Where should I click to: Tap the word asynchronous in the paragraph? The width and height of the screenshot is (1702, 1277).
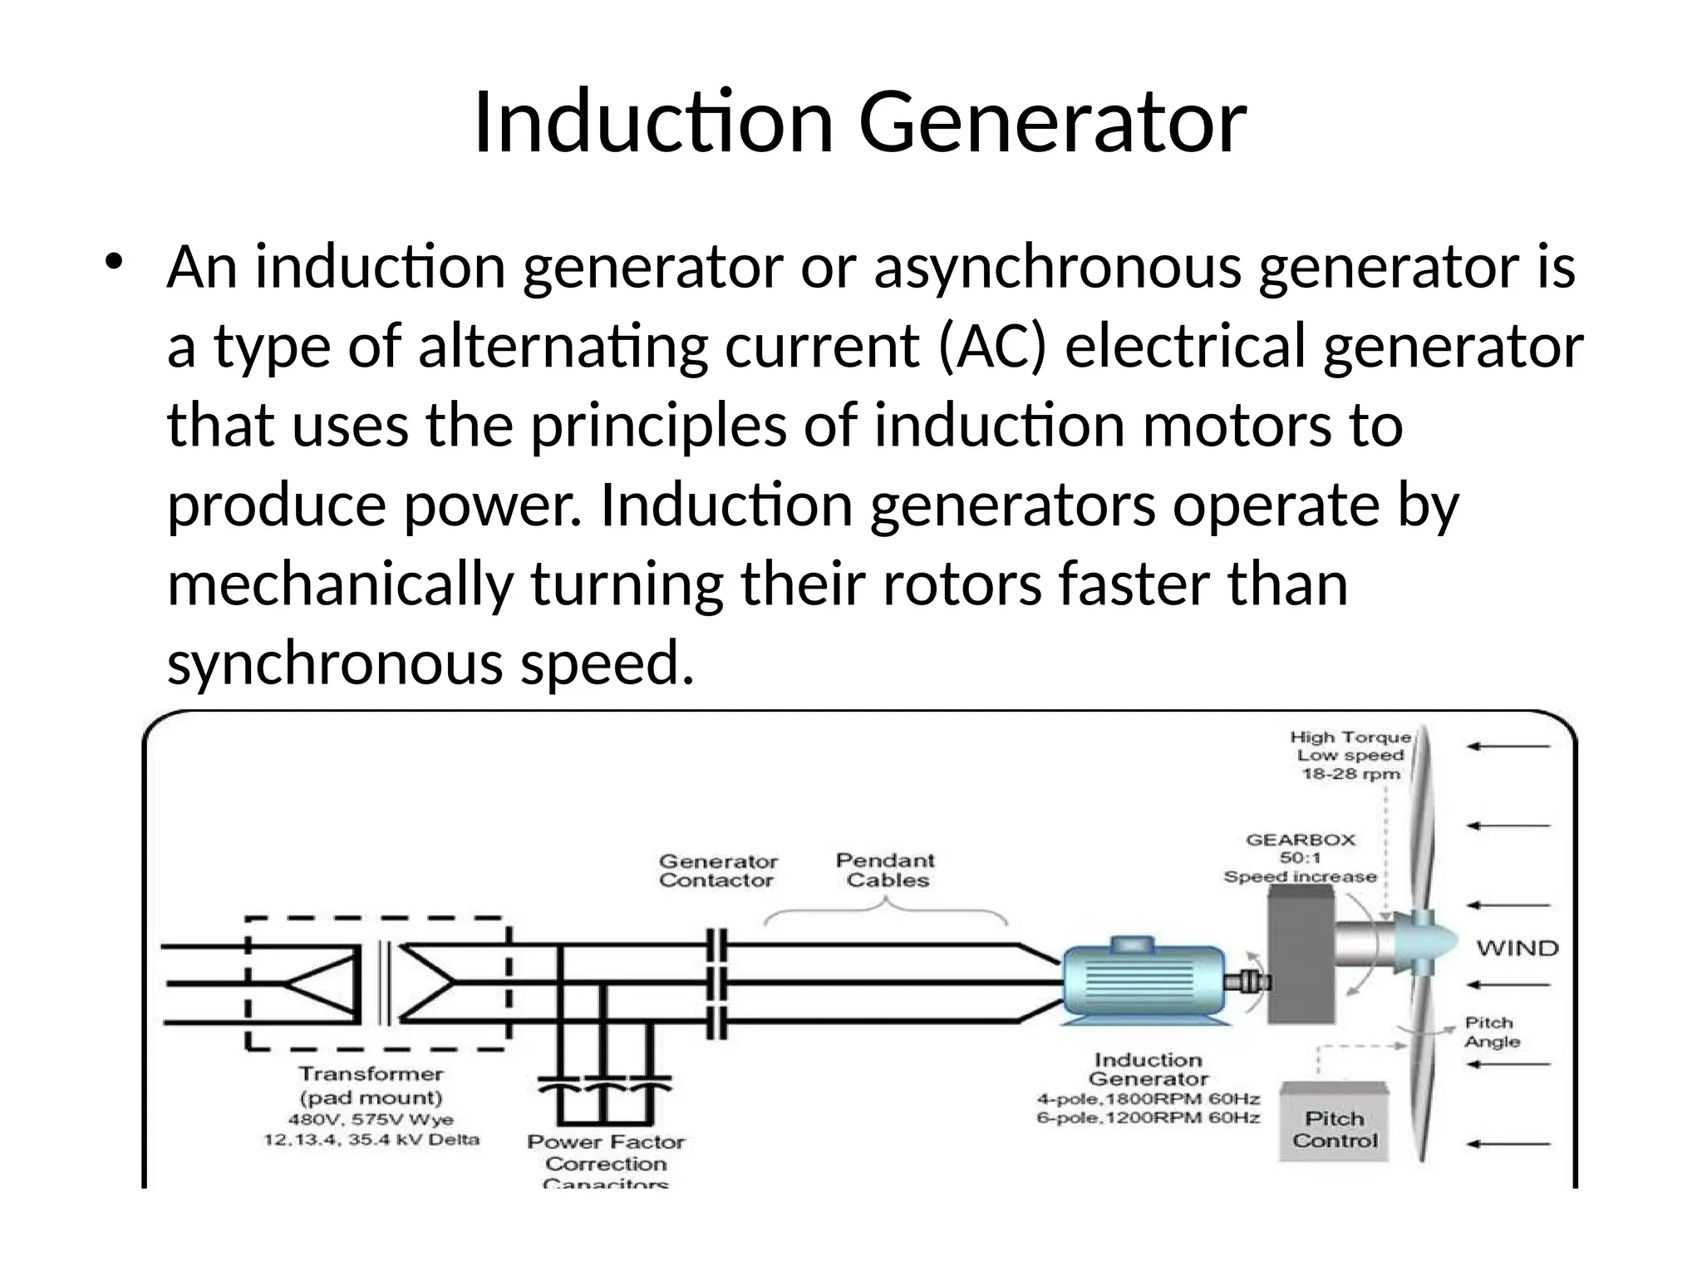[x=1057, y=269]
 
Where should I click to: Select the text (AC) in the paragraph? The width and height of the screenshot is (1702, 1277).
[x=991, y=347]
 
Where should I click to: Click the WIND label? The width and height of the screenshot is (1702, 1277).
[x=1517, y=948]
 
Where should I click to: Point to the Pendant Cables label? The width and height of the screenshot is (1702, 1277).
[x=886, y=870]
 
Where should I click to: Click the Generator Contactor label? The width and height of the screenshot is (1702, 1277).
[x=718, y=870]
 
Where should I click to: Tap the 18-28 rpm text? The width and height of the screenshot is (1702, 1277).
[x=1350, y=774]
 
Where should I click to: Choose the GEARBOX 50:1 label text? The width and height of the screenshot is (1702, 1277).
[x=1301, y=849]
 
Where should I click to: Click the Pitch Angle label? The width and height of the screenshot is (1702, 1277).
[x=1492, y=1032]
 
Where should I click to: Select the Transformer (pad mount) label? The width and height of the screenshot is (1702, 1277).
[x=371, y=1085]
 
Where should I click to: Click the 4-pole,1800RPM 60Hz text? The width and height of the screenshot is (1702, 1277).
[x=1148, y=1099]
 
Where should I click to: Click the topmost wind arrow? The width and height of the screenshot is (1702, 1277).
[x=1508, y=747]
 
